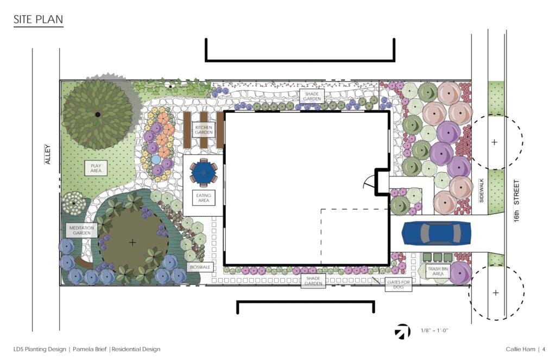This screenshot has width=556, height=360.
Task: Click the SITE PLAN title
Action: (x=39, y=19)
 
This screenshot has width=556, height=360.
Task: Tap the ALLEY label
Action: (x=48, y=154)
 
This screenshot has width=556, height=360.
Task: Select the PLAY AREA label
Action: (x=96, y=168)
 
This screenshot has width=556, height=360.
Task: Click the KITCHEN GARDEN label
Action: (x=204, y=130)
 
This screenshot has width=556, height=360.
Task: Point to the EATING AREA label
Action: (x=204, y=198)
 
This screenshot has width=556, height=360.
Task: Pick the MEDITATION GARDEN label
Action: (x=81, y=231)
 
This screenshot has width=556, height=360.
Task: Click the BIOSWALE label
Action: (x=200, y=267)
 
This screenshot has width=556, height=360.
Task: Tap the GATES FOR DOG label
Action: (x=399, y=285)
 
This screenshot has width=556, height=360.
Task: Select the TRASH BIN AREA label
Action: (x=438, y=271)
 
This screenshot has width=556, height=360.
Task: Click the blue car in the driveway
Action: (x=436, y=233)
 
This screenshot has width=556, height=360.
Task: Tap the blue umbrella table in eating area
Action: (x=203, y=172)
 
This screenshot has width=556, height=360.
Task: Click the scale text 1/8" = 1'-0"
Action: (x=434, y=331)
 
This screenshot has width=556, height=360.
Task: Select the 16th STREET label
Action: (x=516, y=201)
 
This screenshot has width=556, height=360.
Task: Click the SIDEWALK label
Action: (x=482, y=191)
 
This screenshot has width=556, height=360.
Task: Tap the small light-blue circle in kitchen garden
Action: (x=156, y=160)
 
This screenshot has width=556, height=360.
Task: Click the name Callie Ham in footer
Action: (x=521, y=349)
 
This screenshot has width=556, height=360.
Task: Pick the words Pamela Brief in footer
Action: (x=90, y=349)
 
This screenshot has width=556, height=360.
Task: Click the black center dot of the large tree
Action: (x=98, y=114)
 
